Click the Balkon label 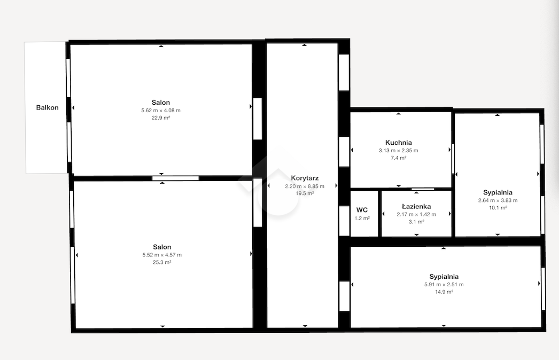47,107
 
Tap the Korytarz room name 305,178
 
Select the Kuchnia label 398,143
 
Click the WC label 362,210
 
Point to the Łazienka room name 416,206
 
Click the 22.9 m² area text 161,118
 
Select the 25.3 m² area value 162,262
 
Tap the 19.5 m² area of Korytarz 305,193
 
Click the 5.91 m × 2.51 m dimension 444,285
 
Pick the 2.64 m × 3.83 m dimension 498,200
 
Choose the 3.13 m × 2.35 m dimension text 398,151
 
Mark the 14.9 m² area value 444,292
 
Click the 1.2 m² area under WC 362,218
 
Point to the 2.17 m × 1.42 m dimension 416,214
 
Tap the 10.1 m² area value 498,207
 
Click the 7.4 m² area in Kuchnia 398,158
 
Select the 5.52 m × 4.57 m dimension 162,255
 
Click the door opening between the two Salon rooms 175,178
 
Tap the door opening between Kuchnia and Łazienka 423,189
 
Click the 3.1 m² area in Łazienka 416,221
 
